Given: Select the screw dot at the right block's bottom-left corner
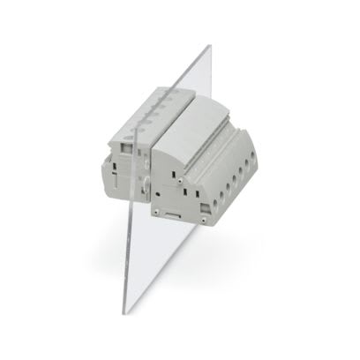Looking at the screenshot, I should pos(159,213).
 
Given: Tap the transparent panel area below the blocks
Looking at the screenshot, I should pos(150,265).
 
